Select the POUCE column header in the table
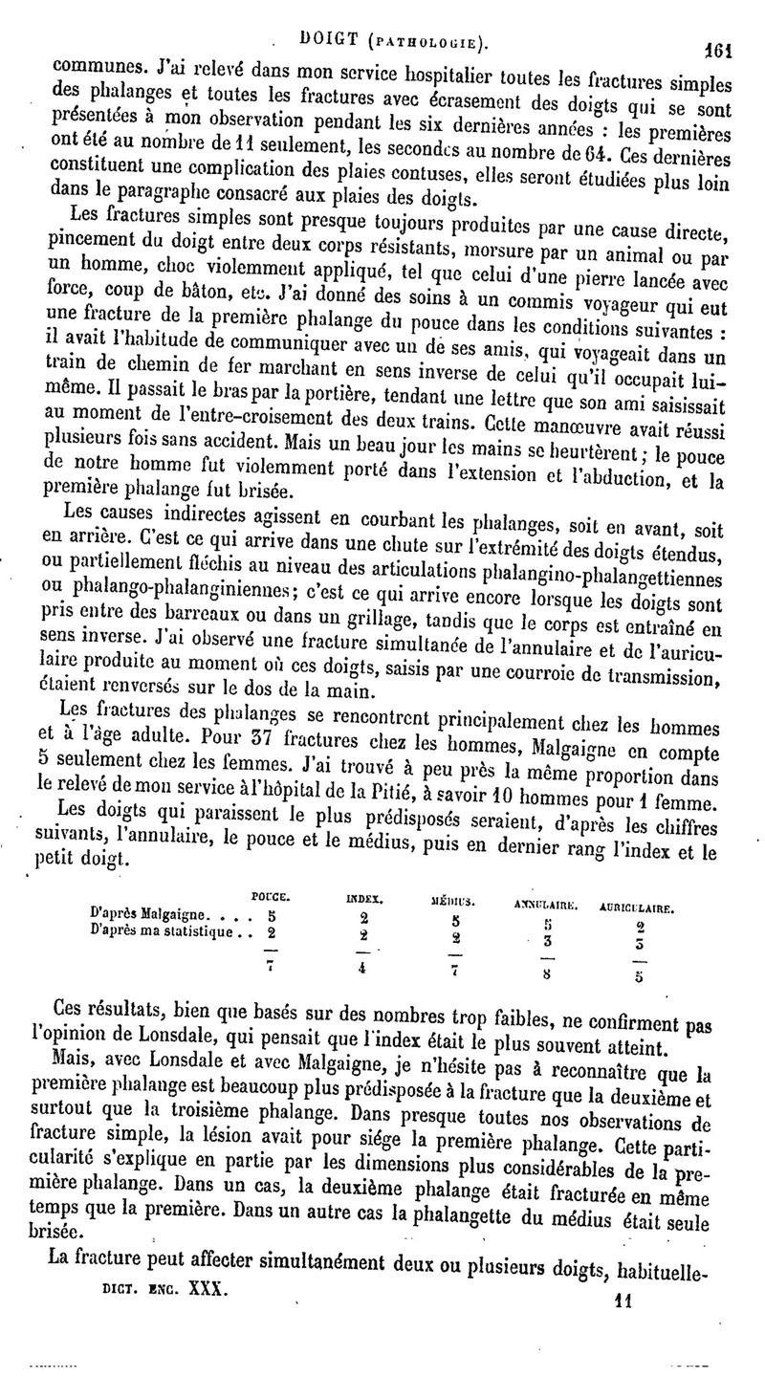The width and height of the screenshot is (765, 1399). [271, 895]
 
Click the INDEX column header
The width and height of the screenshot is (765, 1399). [364, 899]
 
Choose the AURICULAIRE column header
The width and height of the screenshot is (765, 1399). [639, 906]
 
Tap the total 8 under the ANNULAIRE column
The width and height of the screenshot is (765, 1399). [544, 975]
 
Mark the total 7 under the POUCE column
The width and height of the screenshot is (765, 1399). [271, 964]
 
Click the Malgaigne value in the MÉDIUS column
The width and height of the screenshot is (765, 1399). [456, 919]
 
